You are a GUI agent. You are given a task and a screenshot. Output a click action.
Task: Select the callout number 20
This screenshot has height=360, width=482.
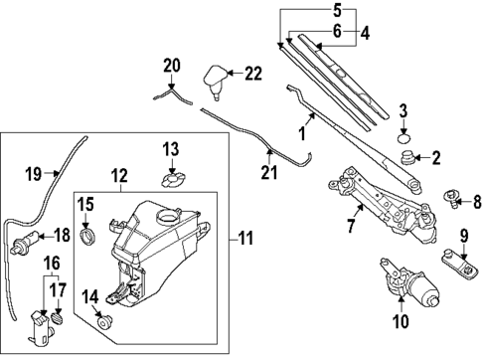pos(171,66)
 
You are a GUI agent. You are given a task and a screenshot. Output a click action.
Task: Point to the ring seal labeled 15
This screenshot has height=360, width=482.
pos(87,236)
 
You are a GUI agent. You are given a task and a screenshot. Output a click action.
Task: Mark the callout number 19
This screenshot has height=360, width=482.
pos(33,175)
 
